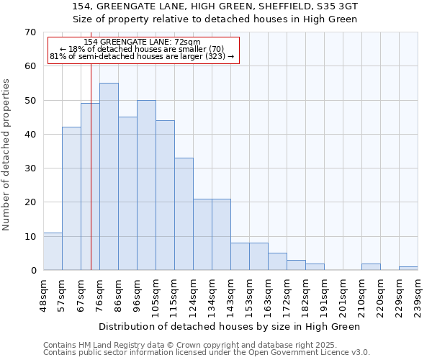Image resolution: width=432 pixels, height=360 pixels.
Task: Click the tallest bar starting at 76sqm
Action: [x=109, y=176]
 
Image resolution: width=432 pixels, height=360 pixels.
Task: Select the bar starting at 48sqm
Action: [x=53, y=251]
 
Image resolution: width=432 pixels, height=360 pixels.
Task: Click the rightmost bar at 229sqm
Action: [x=408, y=269]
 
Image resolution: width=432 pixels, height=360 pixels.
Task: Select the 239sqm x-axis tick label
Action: [x=418, y=294]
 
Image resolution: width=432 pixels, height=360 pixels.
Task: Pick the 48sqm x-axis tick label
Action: [x=43, y=294]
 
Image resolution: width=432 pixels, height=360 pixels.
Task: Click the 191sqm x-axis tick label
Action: [x=324, y=294]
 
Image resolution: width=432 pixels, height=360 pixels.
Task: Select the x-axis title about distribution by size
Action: [x=229, y=326]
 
